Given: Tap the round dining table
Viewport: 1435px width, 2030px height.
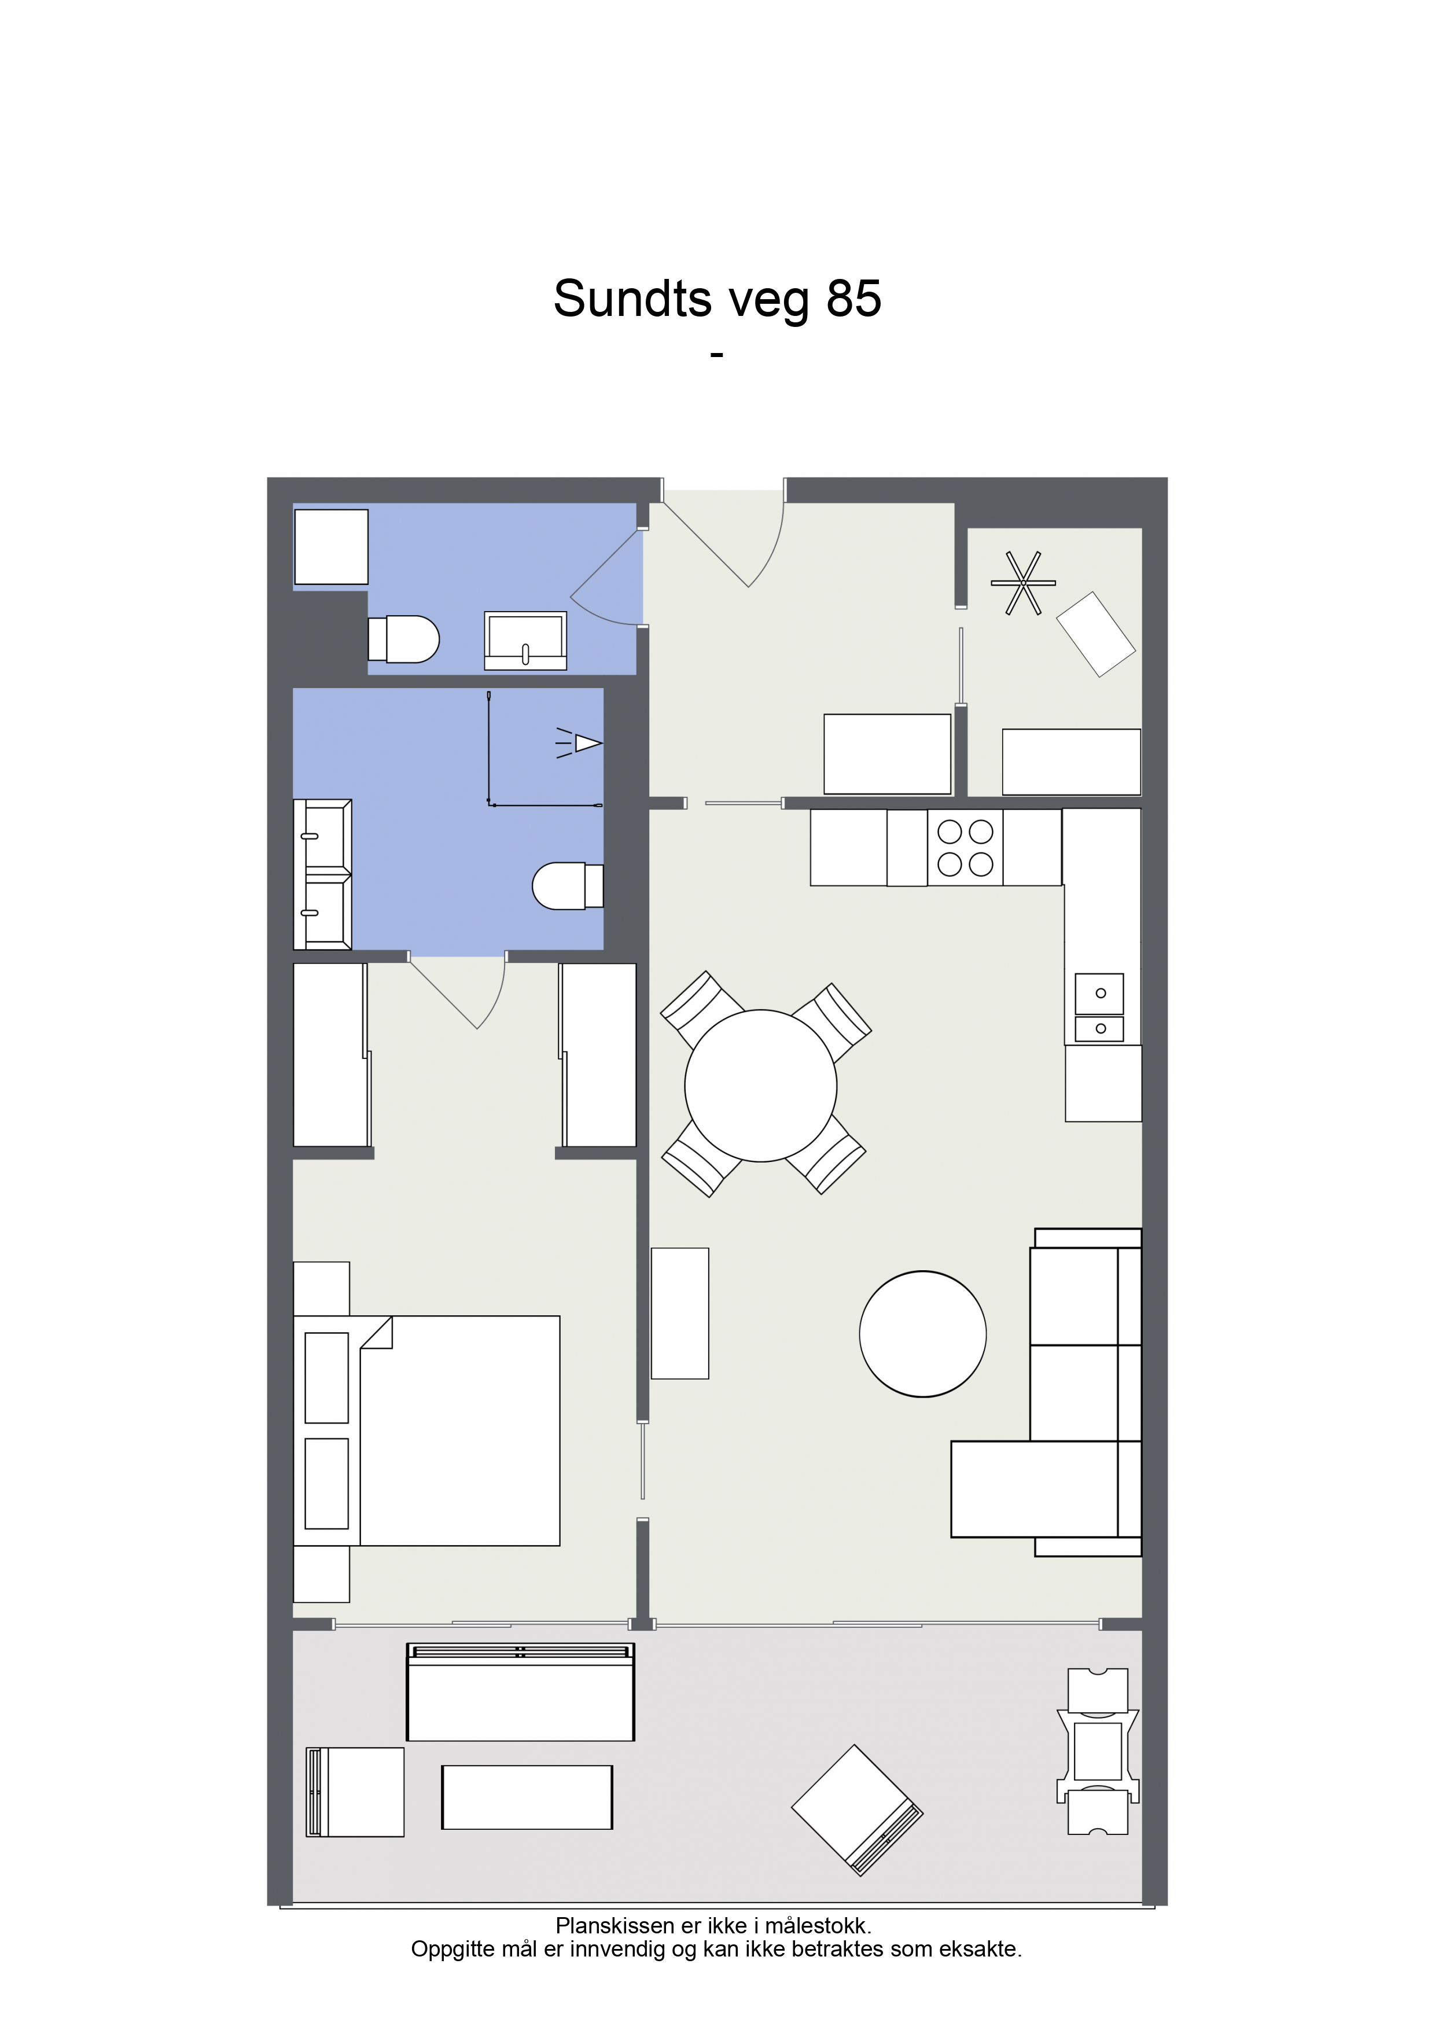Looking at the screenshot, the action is tap(760, 1086).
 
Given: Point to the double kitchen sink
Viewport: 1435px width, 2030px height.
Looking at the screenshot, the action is tap(1099, 1008).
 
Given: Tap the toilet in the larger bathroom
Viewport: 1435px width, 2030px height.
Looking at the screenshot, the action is tap(568, 886).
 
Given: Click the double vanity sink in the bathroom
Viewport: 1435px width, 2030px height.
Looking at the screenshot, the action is tap(323, 874).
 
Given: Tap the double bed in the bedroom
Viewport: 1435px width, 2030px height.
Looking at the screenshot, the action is tap(426, 1430).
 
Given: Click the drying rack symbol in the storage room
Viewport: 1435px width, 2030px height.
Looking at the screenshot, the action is tap(1023, 583).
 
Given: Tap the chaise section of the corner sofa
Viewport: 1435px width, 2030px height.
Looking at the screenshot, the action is tap(1035, 1490).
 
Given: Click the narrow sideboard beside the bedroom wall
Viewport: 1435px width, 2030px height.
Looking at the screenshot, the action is tap(680, 1313).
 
